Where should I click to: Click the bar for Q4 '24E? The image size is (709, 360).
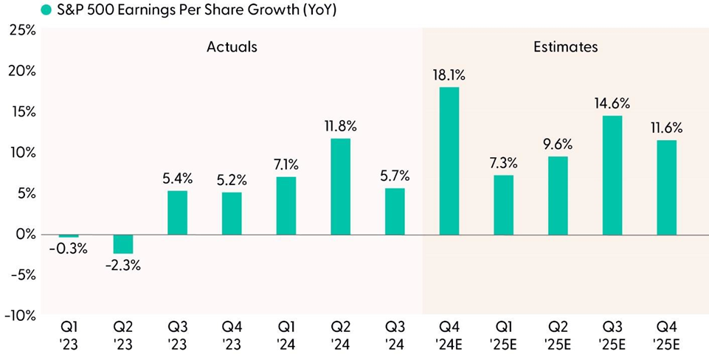pos(449,161)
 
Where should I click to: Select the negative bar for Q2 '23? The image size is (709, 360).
pos(123,244)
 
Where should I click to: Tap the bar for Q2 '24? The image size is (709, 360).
pos(340,187)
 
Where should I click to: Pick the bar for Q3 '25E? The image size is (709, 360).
pos(612,176)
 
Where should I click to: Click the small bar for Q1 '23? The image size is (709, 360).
pos(69,235)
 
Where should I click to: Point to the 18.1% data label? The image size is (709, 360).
pos(449,75)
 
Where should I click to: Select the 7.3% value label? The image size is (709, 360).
pos(503,162)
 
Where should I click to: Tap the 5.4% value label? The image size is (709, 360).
pos(177,178)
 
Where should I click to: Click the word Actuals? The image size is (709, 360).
pos(232,47)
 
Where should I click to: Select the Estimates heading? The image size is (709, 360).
pos(565,47)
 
